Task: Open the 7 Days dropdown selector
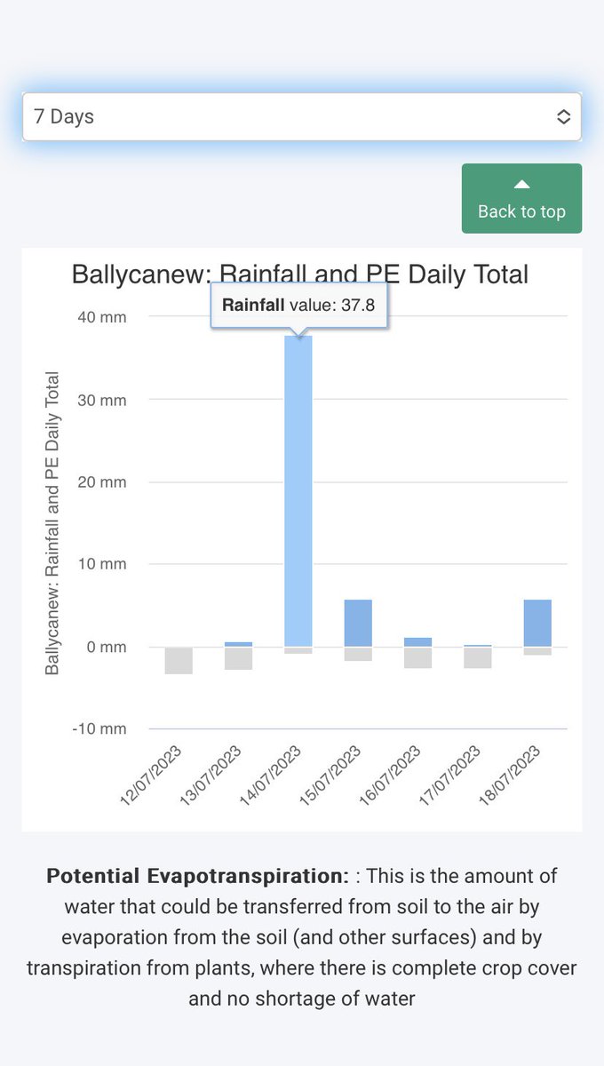(x=301, y=116)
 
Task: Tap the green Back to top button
(x=521, y=198)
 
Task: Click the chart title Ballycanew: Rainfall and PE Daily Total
(x=300, y=274)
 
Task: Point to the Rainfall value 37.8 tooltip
(x=298, y=306)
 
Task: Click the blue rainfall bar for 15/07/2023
(x=358, y=623)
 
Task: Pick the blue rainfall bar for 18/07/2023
(x=537, y=623)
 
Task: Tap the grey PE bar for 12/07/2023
(x=179, y=660)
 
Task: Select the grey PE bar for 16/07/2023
(x=417, y=657)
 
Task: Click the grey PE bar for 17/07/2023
(x=478, y=657)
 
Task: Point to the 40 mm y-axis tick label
(x=99, y=317)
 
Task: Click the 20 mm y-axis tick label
(x=99, y=482)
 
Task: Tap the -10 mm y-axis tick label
(x=98, y=729)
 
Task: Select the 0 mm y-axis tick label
(x=103, y=648)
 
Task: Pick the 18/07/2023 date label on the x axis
(x=510, y=776)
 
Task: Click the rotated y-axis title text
(x=52, y=522)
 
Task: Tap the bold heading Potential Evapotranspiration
(x=197, y=876)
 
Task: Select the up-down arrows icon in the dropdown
(x=563, y=116)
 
